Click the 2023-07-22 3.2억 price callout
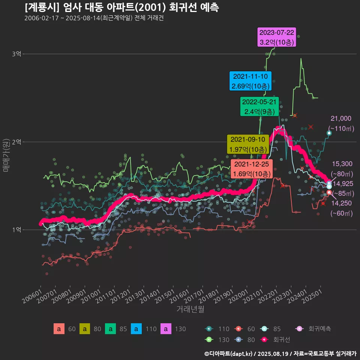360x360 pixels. point(277,37)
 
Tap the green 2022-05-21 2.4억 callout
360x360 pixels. point(259,106)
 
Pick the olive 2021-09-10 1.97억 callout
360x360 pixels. point(248,144)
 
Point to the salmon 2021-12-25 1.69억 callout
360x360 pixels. point(252,169)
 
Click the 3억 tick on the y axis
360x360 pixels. point(16,54)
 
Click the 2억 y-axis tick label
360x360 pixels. point(16,142)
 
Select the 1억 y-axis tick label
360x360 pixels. point(16,229)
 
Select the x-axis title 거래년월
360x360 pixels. point(190,309)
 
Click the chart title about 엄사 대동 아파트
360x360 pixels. point(122,7)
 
